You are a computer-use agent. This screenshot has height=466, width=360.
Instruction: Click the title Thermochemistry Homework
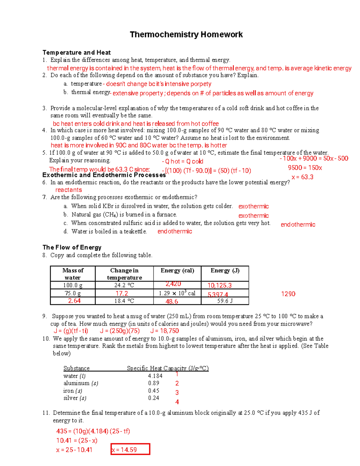click(186, 35)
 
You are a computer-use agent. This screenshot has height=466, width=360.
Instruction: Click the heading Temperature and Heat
click(76, 53)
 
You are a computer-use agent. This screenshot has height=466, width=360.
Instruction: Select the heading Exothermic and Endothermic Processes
click(104, 175)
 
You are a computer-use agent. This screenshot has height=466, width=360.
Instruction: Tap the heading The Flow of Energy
click(72, 247)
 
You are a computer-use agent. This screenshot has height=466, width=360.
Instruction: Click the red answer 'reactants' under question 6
click(68, 190)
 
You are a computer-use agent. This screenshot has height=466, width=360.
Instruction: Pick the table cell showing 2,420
click(173, 284)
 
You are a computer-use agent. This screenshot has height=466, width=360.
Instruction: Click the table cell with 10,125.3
click(220, 285)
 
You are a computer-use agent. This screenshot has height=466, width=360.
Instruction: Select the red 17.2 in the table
click(122, 293)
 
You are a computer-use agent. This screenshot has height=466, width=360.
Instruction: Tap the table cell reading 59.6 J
click(225, 301)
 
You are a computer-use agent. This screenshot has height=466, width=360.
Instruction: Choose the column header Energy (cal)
click(177, 270)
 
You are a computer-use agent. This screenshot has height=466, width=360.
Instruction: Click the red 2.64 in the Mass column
click(74, 301)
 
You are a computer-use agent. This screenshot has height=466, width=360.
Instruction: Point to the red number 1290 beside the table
click(288, 294)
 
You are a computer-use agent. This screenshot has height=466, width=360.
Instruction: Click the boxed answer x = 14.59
click(130, 449)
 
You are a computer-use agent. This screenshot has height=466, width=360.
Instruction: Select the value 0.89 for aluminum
click(154, 383)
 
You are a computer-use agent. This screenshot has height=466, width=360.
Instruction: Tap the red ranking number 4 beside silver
click(177, 402)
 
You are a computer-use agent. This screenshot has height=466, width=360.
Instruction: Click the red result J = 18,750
click(164, 331)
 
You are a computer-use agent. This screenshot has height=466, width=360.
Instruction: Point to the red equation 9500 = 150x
click(305, 168)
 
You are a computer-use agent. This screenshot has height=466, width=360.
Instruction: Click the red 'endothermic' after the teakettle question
click(175, 231)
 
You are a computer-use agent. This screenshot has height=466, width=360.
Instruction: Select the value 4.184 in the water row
click(155, 376)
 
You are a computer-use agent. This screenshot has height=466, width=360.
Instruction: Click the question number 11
click(46, 413)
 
